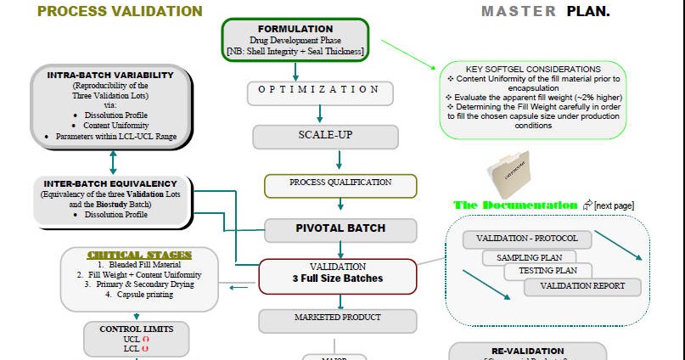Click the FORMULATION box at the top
[x=295, y=40]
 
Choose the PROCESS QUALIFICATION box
[x=340, y=183]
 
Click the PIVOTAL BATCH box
[x=340, y=228]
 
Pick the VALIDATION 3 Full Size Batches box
[x=338, y=273]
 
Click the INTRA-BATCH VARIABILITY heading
[x=110, y=75]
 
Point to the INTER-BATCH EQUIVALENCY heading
[x=110, y=183]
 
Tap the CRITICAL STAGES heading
[x=139, y=255]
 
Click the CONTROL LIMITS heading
[x=137, y=329]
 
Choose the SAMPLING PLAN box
[x=529, y=256]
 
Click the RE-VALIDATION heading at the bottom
[x=527, y=351]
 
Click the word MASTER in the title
[x=518, y=11]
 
